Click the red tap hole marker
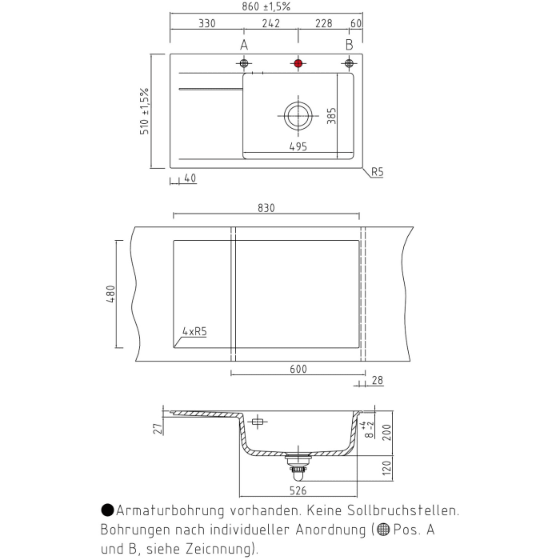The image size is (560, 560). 298,63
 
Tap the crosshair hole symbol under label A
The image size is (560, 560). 244,63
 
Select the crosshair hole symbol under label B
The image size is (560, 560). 349,63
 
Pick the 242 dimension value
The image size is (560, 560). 270,24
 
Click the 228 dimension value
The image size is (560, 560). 323,24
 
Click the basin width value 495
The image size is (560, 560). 298,146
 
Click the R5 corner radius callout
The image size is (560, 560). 377,172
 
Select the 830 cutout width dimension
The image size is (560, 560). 266,208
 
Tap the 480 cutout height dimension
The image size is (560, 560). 112,294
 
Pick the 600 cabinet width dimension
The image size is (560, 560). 298,370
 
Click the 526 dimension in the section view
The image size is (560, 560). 298,490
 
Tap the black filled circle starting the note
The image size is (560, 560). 107,510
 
